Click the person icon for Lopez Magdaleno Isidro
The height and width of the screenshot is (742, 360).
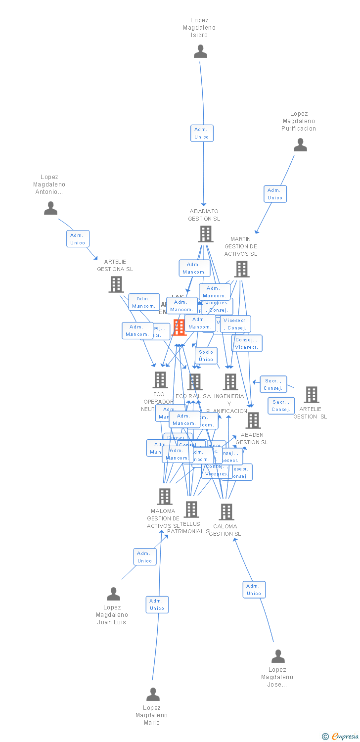tap(200, 51)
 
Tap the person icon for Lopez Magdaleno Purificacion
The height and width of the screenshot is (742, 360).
tap(300, 145)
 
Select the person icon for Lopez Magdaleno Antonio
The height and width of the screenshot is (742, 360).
tap(50, 208)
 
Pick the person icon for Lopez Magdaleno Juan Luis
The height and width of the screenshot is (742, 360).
tap(113, 594)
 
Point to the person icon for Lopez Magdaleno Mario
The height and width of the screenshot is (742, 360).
tap(153, 695)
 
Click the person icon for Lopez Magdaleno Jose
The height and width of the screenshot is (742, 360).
tap(278, 656)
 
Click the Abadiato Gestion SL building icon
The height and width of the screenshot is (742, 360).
tap(205, 234)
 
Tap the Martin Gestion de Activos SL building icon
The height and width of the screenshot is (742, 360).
tap(241, 269)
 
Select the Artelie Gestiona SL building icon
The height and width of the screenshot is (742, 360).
tap(116, 284)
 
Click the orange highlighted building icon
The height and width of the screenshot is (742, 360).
tap(179, 327)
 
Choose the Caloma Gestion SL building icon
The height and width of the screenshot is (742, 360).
tap(226, 512)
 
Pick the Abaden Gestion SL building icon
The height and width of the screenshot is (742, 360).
tap(253, 420)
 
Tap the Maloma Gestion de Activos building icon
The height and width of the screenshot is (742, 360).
tap(164, 497)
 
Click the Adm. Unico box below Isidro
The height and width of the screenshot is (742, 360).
tap(202, 133)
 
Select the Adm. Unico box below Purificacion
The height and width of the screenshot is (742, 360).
tap(275, 194)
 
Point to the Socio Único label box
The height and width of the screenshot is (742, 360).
tap(206, 356)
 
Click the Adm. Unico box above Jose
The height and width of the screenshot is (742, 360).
tap(254, 590)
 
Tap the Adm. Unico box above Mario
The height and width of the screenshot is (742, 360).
tap(157, 604)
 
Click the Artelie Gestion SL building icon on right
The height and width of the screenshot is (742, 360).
tap(312, 395)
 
